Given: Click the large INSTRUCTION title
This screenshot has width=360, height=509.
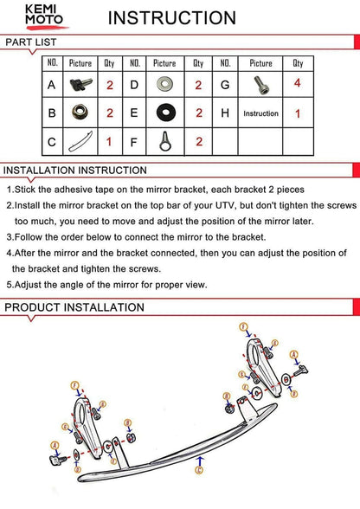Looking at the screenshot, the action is [x=171, y=18].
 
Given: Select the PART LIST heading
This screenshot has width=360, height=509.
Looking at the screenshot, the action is [x=31, y=42].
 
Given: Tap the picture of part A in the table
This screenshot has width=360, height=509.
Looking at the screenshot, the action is [x=80, y=85].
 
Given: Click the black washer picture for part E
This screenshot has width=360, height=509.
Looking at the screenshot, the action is [x=166, y=113].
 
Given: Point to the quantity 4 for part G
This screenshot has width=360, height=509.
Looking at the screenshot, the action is [x=298, y=83].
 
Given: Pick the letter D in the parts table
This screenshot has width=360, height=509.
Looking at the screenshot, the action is [x=134, y=85].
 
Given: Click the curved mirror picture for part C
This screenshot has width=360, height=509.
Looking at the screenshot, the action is [x=80, y=142].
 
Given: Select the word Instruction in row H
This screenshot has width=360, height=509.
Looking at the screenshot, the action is [x=260, y=113].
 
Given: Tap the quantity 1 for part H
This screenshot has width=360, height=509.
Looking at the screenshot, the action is [x=298, y=113].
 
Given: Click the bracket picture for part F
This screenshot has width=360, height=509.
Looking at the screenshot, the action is [x=165, y=141].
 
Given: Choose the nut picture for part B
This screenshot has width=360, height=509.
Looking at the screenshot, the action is [x=80, y=112].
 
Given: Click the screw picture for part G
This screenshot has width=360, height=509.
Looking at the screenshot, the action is [x=261, y=85].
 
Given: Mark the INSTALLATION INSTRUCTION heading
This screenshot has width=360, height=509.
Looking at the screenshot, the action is [x=75, y=171].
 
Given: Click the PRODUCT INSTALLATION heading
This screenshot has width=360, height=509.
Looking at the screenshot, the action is [x=74, y=307].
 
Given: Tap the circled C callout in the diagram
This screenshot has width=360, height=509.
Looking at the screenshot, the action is [x=199, y=470].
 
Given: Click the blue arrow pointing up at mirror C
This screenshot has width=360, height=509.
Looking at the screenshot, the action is [x=200, y=461].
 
